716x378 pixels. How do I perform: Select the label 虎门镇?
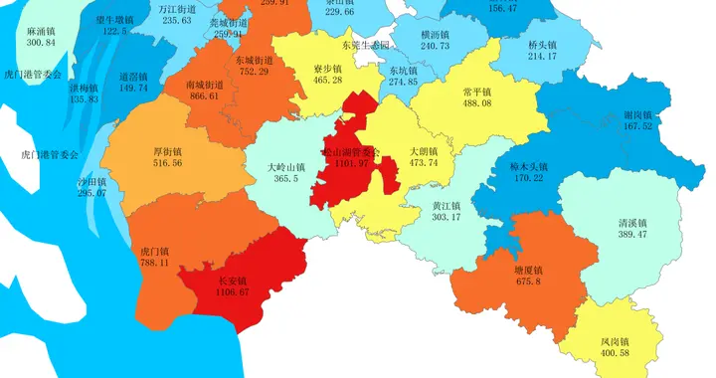(x=154, y=251)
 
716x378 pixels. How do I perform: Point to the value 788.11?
(x=154, y=263)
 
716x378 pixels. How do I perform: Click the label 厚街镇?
(x=167, y=151)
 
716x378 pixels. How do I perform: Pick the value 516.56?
(x=167, y=163)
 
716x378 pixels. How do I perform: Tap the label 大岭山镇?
(x=286, y=167)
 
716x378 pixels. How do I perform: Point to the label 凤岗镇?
(x=616, y=341)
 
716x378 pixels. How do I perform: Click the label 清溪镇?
(x=631, y=222)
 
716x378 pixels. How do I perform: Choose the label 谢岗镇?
(x=638, y=114)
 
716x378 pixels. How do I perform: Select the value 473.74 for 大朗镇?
(x=423, y=163)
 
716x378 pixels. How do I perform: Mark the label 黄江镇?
(x=446, y=206)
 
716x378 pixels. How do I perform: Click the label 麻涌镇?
(x=41, y=31)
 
